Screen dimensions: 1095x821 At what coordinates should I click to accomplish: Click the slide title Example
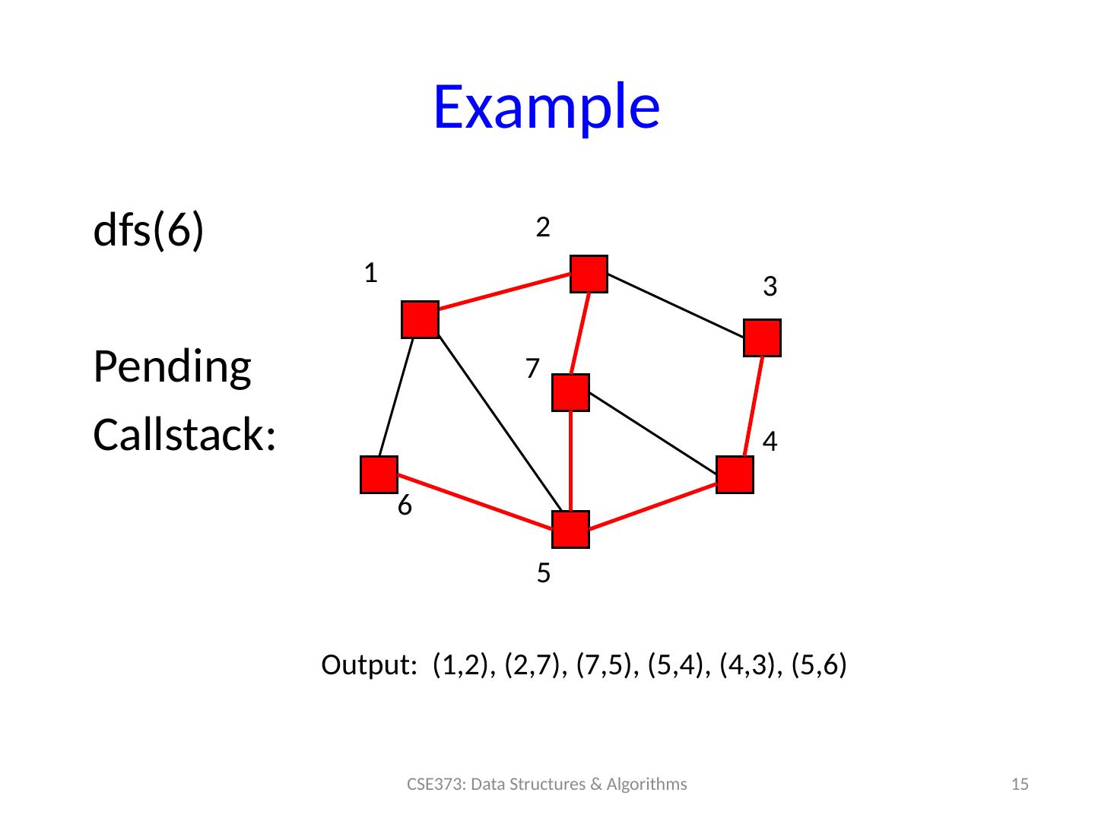tap(545, 106)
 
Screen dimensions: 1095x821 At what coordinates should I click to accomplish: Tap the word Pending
tap(172, 367)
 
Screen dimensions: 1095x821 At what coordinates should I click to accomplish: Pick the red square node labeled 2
tap(589, 274)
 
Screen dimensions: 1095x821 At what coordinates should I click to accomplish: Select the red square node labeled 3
tap(763, 338)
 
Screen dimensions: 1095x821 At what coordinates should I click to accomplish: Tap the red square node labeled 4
tap(735, 475)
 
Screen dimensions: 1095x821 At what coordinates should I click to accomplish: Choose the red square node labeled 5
tap(571, 530)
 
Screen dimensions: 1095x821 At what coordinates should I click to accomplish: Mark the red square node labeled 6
tap(378, 475)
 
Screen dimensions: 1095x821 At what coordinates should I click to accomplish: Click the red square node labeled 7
tap(571, 393)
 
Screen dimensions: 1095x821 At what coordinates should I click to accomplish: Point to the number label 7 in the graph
tap(532, 369)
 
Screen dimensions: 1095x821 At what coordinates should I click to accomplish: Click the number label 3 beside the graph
tap(770, 287)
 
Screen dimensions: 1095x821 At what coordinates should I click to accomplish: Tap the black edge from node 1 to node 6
tap(395, 397)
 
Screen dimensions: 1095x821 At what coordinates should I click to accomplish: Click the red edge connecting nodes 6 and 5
tap(475, 502)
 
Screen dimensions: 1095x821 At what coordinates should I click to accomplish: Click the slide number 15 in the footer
tap(1023, 785)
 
